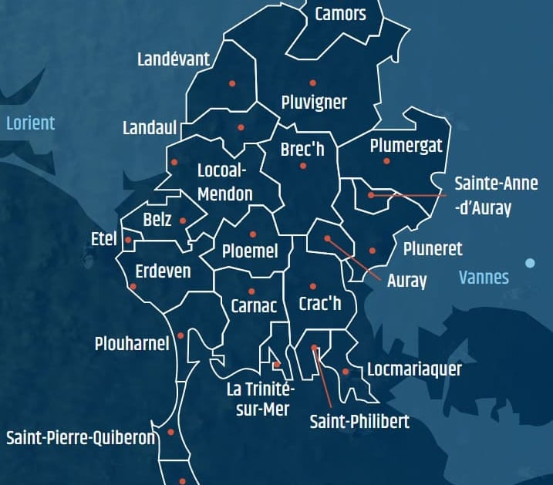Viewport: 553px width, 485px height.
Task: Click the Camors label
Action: pyautogui.click(x=340, y=14)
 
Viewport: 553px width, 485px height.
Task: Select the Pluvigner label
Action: pyautogui.click(x=314, y=102)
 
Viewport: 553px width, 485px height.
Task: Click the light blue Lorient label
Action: pyautogui.click(x=30, y=123)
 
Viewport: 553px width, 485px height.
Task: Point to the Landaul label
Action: pyautogui.click(x=150, y=128)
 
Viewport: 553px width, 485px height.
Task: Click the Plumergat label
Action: pyautogui.click(x=406, y=146)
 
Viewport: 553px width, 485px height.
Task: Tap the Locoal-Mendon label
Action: pyautogui.click(x=224, y=182)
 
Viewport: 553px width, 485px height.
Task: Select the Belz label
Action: pyautogui.click(x=157, y=220)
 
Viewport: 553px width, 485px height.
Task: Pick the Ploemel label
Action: pyautogui.click(x=244, y=251)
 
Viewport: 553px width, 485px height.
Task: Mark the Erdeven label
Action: pyautogui.click(x=162, y=271)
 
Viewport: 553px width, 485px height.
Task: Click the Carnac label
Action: pyautogui.click(x=254, y=305)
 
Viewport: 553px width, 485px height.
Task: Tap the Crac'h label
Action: pyautogui.click(x=319, y=304)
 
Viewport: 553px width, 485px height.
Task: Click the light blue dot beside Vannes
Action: pyautogui.click(x=530, y=263)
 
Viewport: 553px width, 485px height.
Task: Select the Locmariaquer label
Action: pyautogui.click(x=414, y=369)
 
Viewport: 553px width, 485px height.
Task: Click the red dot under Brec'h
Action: pyautogui.click(x=303, y=166)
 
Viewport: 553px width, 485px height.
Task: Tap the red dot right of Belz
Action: pyautogui.click(x=183, y=221)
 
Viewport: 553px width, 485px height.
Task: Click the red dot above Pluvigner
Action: pyautogui.click(x=312, y=83)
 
